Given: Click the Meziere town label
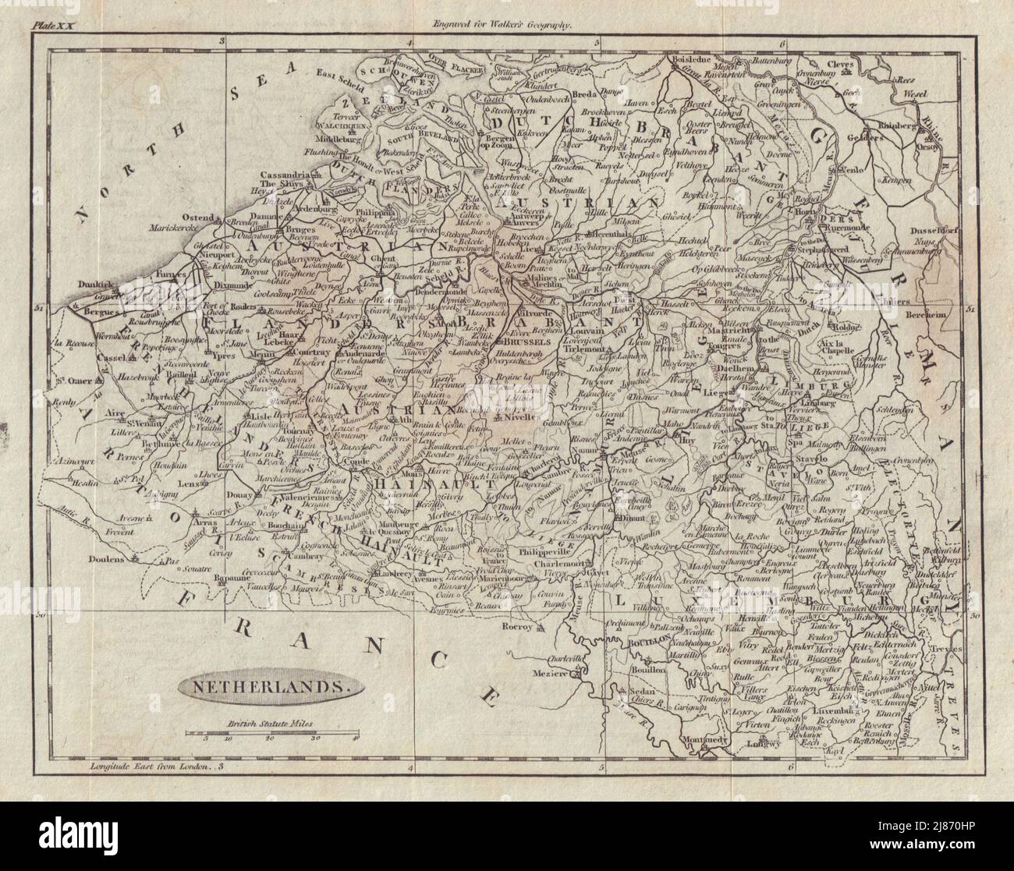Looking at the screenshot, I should [x=546, y=676].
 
